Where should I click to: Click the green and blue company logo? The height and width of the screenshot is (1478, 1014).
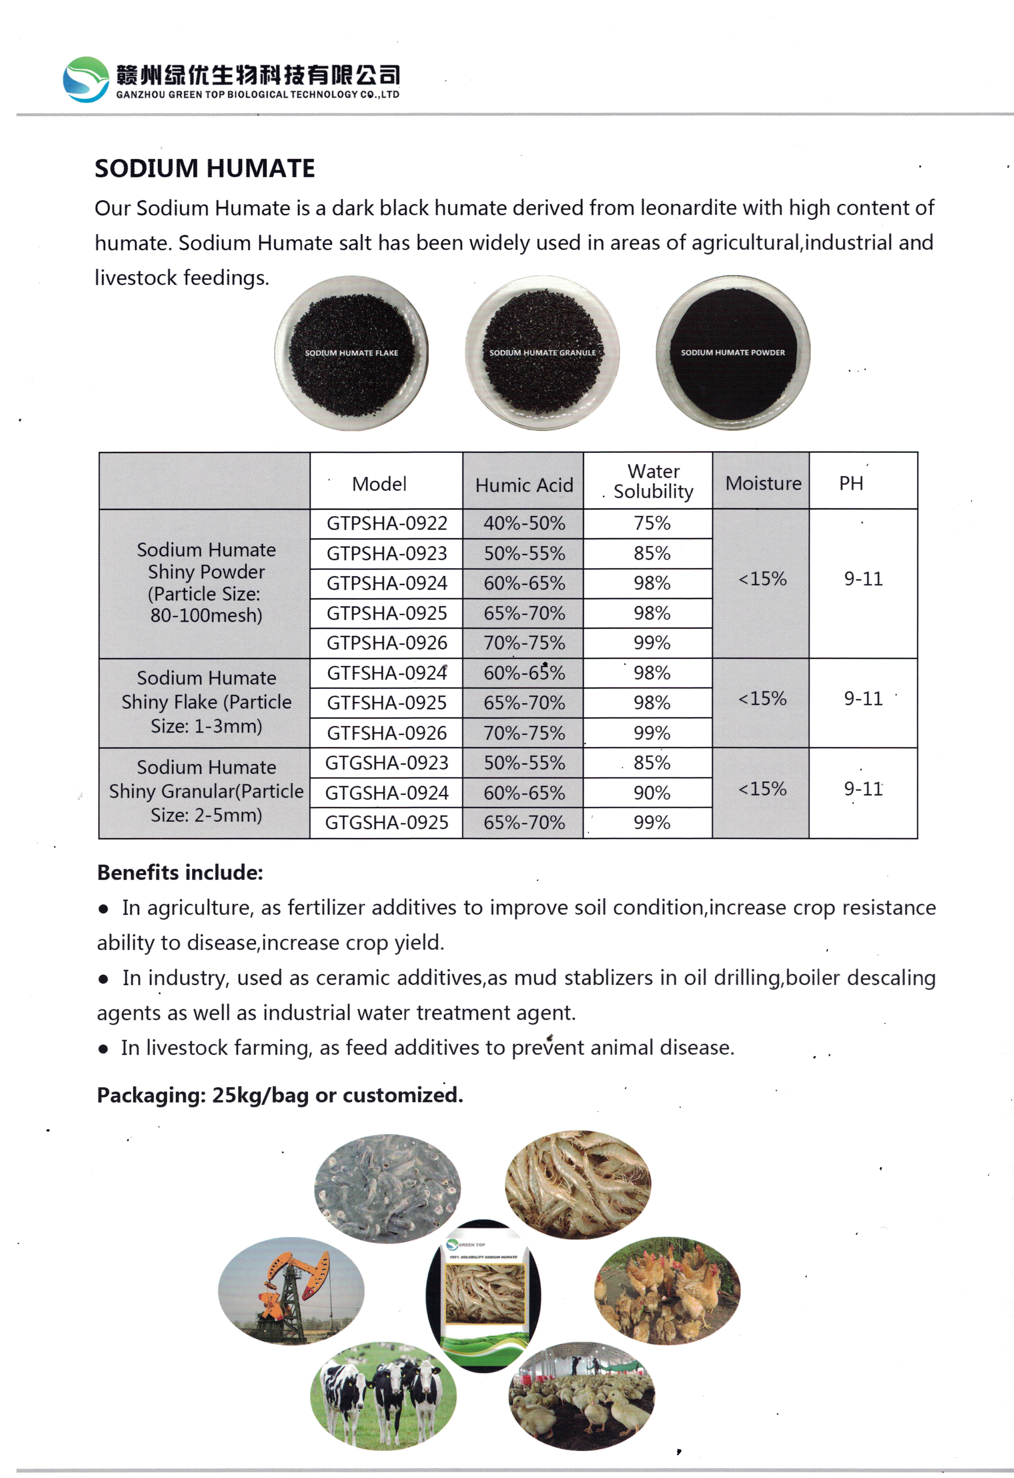coord(86,79)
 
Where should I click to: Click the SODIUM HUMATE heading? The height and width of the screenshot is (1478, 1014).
coord(205,168)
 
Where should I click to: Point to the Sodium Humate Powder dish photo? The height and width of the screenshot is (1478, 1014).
coord(733,353)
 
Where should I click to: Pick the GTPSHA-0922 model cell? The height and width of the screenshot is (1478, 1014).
coord(387,523)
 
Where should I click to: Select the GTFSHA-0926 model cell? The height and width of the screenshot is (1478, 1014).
coord(387,733)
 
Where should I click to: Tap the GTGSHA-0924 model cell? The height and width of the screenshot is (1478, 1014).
coord(387,793)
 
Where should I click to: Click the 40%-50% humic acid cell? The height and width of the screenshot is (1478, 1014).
coord(524,523)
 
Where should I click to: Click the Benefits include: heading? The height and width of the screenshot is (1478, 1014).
coord(180,873)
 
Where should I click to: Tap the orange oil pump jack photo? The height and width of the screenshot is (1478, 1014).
coord(291,1291)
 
